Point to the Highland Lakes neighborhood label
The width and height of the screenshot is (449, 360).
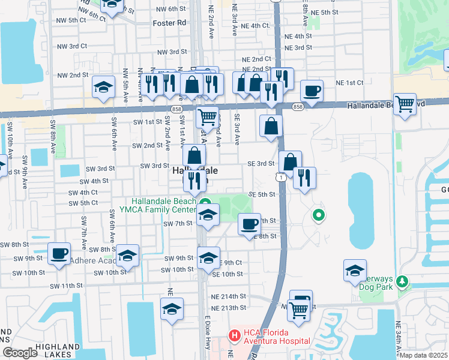[57, 347]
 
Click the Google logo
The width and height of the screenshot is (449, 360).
[19, 353]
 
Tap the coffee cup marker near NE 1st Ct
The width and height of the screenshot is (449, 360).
[312, 91]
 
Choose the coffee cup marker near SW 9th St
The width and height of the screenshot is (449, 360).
[59, 253]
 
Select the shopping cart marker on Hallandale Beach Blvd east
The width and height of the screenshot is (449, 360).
[405, 104]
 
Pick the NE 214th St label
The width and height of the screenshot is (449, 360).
[229, 296]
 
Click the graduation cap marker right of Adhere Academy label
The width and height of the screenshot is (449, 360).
[127, 256]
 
